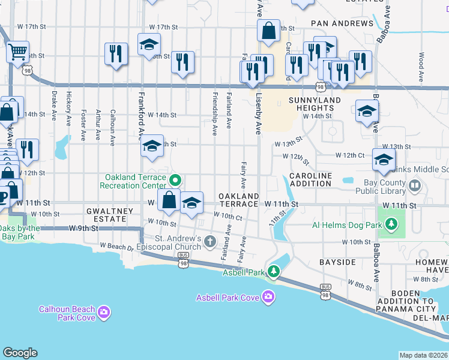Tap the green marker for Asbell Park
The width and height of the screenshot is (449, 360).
coord(274,272)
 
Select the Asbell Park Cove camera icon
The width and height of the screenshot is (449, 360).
coord(268,296)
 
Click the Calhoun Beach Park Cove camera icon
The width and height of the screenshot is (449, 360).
coord(104,312)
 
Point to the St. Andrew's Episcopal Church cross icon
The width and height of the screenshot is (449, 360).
coord(209,241)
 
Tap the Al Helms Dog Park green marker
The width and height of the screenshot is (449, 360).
coord(391,224)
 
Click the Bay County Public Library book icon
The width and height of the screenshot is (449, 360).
coord(414,186)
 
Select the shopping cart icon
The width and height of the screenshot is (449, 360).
coord(18,52)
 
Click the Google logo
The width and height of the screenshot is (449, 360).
coord(20,353)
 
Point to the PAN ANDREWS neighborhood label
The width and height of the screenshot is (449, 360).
coord(342,23)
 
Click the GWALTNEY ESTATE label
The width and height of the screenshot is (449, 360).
coord(106,215)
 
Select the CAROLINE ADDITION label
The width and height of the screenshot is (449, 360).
coord(311,179)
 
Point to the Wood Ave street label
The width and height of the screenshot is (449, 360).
coord(422,62)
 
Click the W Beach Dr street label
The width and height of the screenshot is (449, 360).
coord(117,246)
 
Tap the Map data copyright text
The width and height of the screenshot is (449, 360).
coord(424,355)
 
